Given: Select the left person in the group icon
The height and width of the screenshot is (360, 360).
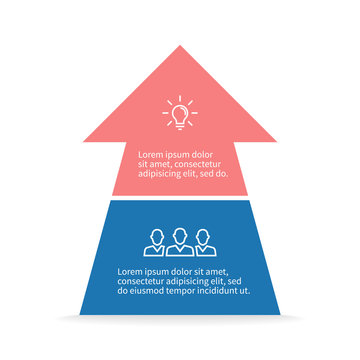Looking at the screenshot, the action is tap(157, 244).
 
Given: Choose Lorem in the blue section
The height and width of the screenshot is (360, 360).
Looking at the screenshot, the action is tap(129, 271).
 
